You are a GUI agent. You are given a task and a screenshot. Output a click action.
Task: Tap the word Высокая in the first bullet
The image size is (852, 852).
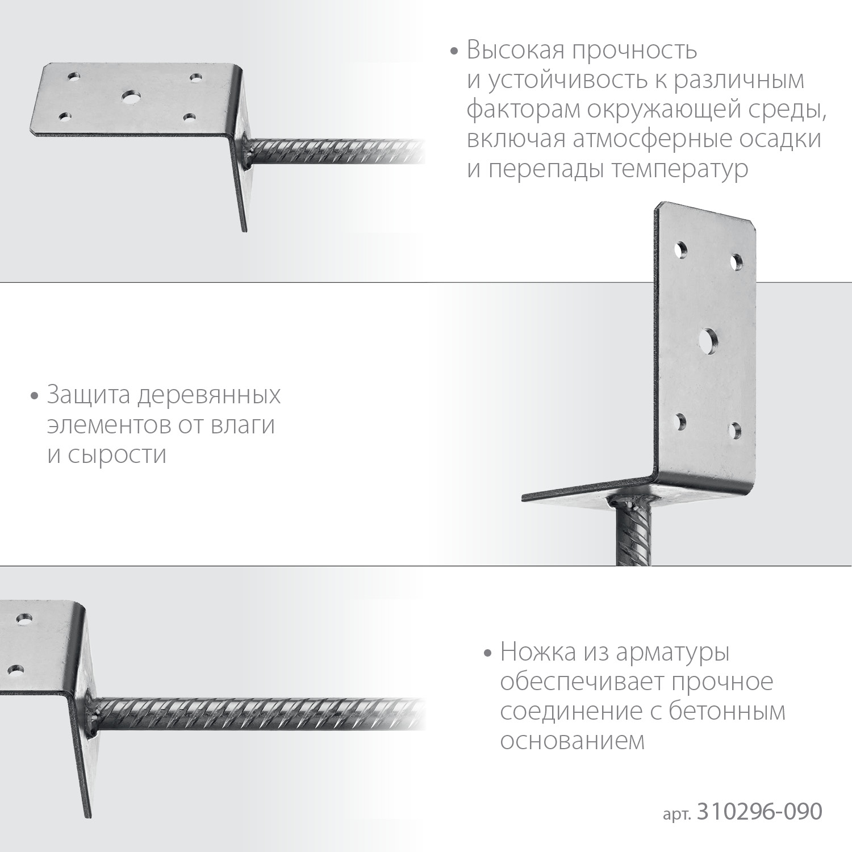pos(515,51)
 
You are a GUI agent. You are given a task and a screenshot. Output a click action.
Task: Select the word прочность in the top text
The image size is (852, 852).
pos(634,51)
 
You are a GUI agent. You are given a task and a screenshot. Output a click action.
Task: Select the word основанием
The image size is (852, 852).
pos(573,741)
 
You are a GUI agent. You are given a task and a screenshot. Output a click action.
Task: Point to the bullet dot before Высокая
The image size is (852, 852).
pos(453,51)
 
